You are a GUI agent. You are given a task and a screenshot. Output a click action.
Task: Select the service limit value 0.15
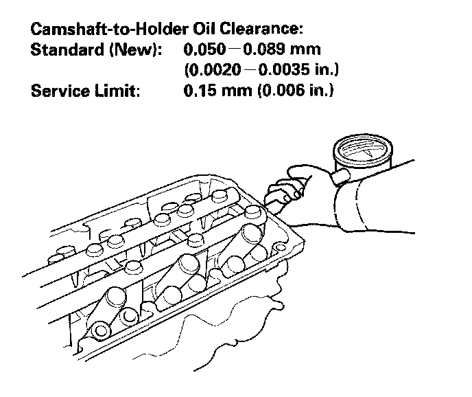click(x=199, y=91)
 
